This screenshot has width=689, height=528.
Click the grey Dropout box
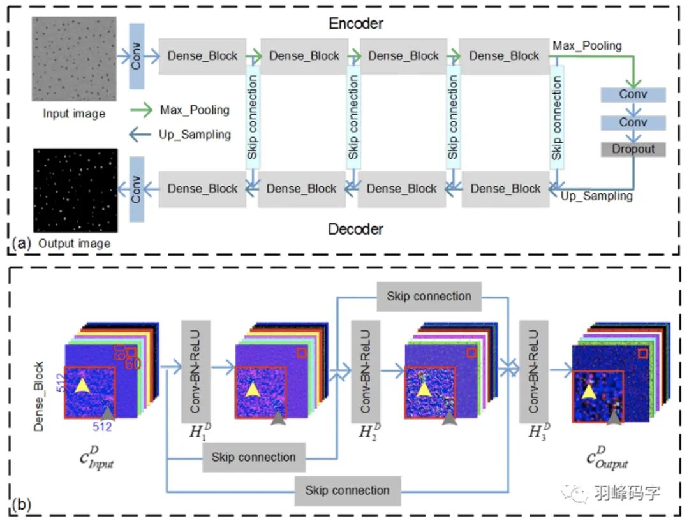pyautogui.click(x=633, y=149)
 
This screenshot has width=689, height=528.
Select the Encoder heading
pyautogui.click(x=355, y=24)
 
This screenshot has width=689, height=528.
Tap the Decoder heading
pyautogui.click(x=355, y=229)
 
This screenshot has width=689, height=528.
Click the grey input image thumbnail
pyautogui.click(x=74, y=59)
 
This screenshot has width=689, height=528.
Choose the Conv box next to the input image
pyautogui.click(x=137, y=56)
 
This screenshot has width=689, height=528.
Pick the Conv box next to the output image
pyautogui.click(x=137, y=189)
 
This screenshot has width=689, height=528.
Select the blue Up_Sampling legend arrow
pyautogui.click(x=141, y=135)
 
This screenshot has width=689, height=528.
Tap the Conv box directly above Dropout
pyautogui.click(x=633, y=122)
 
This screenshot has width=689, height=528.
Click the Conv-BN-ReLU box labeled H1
pyautogui.click(x=196, y=371)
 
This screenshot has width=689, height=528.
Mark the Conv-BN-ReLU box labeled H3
pyautogui.click(x=534, y=371)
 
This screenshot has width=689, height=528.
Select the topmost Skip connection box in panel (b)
pyautogui.click(x=429, y=297)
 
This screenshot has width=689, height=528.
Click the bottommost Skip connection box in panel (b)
pyautogui.click(x=347, y=490)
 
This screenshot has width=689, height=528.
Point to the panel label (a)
pyautogui.click(x=22, y=243)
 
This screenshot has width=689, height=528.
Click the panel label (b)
pyautogui.click(x=22, y=506)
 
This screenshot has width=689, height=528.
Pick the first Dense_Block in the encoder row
pyautogui.click(x=202, y=56)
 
